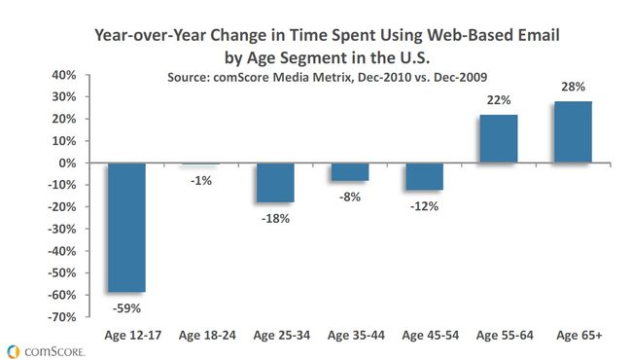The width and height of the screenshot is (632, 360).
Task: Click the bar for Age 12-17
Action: [126, 228]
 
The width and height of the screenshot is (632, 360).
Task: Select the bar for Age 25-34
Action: [275, 183]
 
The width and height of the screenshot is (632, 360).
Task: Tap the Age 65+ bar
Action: [573, 131]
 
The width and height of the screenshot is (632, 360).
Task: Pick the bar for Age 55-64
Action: [499, 139]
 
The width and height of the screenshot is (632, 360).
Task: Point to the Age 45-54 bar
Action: [425, 176]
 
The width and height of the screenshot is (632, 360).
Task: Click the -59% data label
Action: [126, 308]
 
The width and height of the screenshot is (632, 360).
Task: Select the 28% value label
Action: [573, 87]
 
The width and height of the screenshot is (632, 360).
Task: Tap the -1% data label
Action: [201, 181]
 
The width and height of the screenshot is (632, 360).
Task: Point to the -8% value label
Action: [350, 198]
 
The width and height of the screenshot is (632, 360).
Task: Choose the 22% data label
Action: [499, 100]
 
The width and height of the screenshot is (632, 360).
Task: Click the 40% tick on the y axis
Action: [64, 75]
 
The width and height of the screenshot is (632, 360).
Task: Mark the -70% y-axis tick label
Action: [61, 317]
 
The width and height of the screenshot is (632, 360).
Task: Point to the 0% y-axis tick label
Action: [67, 163]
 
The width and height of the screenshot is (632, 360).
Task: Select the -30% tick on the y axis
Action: [61, 229]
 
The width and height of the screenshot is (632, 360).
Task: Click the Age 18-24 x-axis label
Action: [207, 336]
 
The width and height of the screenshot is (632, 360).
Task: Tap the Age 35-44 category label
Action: [356, 336]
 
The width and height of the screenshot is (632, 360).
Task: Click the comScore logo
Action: [47, 351]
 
